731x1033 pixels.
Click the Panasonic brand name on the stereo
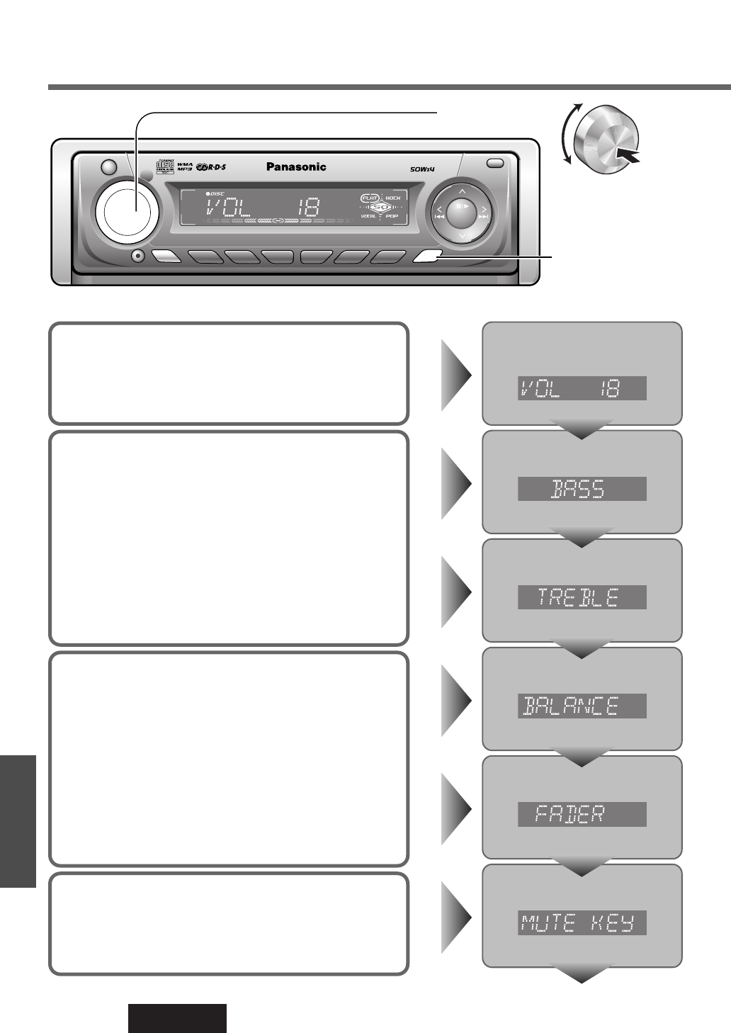[296, 167]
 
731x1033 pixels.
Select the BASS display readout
[582, 489]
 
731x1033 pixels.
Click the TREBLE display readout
[582, 597]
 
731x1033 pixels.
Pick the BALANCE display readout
[582, 706]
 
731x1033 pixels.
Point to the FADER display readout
[582, 814]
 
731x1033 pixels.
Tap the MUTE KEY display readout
[582, 923]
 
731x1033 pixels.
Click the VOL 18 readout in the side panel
[582, 388]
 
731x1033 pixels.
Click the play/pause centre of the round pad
[461, 208]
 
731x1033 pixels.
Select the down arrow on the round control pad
[461, 235]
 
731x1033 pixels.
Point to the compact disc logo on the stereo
[164, 168]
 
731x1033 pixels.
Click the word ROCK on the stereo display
[392, 197]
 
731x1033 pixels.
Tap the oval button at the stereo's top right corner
[496, 164]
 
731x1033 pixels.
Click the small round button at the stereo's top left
[108, 168]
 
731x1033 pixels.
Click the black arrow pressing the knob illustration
[630, 154]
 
